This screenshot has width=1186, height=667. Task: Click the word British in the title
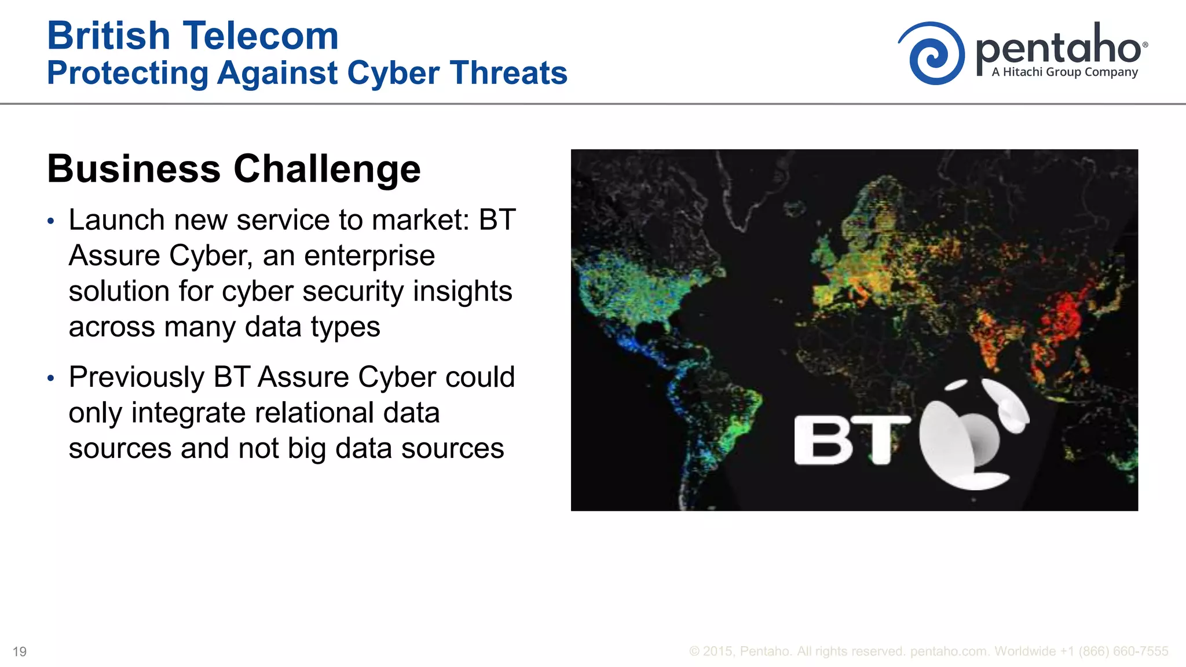click(x=108, y=36)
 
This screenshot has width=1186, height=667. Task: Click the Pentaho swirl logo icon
click(x=932, y=54)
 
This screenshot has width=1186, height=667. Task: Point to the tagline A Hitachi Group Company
click(x=1064, y=72)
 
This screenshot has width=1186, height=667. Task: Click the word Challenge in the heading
click(x=327, y=169)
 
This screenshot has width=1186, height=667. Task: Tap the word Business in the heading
click(x=134, y=169)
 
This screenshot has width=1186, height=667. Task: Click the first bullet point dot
click(x=51, y=221)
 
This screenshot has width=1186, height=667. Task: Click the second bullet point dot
click(x=51, y=378)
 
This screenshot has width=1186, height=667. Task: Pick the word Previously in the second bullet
click(x=136, y=377)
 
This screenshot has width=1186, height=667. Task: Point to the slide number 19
click(x=20, y=652)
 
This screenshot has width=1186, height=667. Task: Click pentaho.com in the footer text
click(x=949, y=651)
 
